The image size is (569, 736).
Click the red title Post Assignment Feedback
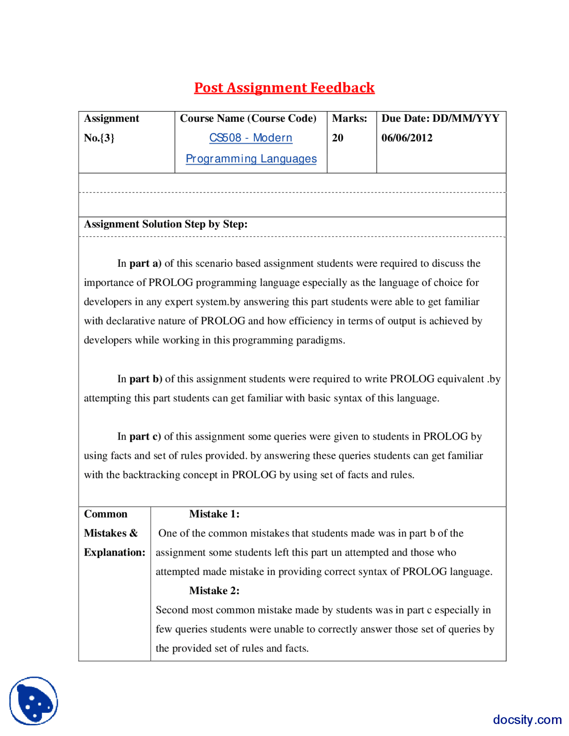284,88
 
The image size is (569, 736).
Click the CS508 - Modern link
251,138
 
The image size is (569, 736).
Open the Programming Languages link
251,159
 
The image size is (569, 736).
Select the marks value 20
337,138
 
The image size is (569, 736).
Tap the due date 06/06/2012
407,138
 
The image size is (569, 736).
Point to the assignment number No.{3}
99,138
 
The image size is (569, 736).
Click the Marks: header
349,118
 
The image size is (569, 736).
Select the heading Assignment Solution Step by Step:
166,224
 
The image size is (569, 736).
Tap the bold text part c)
145,436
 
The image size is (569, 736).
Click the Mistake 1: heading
214,514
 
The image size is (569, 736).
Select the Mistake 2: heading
214,591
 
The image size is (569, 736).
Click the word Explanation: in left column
115,552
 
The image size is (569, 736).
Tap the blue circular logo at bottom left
34,701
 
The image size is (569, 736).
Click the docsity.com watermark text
527,720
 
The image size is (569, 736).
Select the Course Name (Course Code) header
248,118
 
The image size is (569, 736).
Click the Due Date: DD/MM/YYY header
440,118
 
